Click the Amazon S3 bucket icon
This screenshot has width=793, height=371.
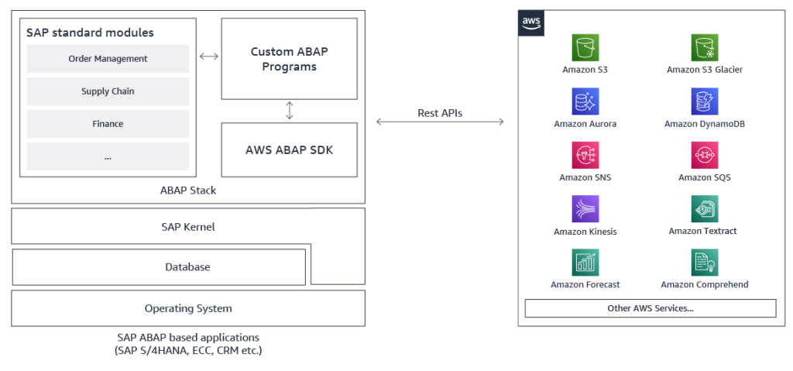(585, 47)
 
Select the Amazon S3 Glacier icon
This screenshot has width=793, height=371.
(704, 47)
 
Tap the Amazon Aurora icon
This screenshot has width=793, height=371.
(585, 101)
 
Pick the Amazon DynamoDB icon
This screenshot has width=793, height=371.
(704, 101)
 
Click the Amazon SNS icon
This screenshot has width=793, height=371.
(585, 155)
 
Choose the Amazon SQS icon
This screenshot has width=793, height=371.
(704, 155)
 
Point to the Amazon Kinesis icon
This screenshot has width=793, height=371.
(585, 208)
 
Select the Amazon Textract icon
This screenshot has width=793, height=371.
(704, 208)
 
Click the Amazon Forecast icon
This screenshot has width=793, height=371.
(585, 263)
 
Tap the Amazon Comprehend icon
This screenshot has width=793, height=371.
(704, 263)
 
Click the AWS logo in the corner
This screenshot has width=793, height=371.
(531, 23)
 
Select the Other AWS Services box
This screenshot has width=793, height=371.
(650, 308)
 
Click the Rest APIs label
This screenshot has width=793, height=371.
(440, 113)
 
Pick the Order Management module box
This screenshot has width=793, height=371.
(108, 59)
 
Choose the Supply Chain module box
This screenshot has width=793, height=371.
(108, 91)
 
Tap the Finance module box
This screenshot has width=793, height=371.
(108, 124)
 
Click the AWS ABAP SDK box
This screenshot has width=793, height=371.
(289, 149)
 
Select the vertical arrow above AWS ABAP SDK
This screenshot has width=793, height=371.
(290, 111)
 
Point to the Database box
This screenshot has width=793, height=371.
(159, 267)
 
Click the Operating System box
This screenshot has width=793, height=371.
(187, 308)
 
